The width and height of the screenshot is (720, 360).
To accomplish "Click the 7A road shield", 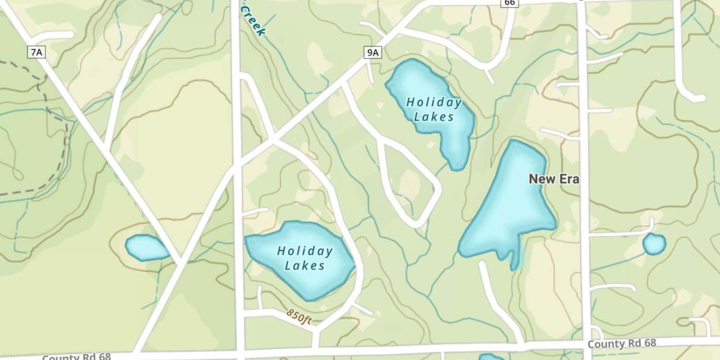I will pos(36,52).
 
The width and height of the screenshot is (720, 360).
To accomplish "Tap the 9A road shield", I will pos(372,52).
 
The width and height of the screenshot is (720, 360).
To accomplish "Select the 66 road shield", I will pos(510,3).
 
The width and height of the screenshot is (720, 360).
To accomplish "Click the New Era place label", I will pos(554,179).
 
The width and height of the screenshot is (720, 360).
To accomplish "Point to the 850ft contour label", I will pos(299,316).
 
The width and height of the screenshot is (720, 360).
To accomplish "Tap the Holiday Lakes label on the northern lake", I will pos(434,109).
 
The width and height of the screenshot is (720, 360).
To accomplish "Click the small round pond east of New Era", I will pos(654,244).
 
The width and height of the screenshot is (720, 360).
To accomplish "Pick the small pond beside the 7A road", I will pos(145,248).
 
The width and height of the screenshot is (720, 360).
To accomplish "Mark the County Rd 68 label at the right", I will pos(622,343).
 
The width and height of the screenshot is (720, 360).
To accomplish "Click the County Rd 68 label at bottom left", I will pos(76,357).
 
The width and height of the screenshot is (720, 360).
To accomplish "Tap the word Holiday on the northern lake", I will pos(434,102).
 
